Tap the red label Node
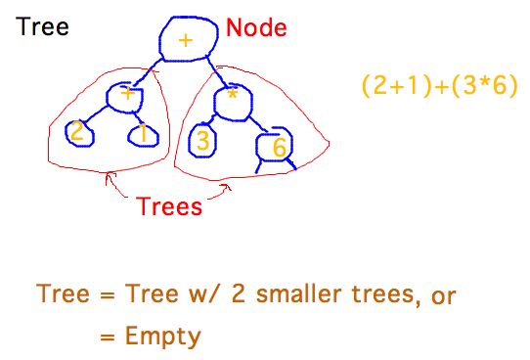256,29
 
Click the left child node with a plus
126,95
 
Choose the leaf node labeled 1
141,134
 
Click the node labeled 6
275,147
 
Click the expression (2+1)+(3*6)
439,86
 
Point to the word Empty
162,337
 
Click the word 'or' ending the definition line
443,295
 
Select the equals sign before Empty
108,337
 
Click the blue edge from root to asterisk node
217,71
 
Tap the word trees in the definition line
359,294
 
